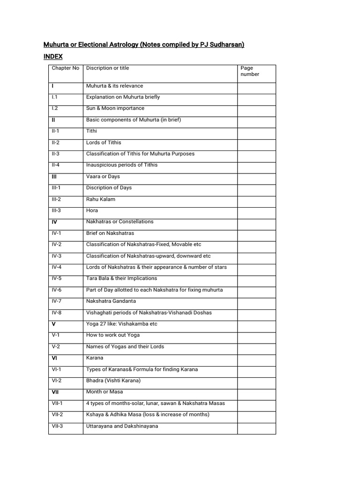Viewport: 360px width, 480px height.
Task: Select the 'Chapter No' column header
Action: click(x=65, y=68)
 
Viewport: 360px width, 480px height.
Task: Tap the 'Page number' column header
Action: click(x=249, y=71)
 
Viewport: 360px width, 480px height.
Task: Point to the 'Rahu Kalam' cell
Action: click(x=100, y=199)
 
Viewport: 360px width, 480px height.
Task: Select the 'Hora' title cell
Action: click(x=92, y=210)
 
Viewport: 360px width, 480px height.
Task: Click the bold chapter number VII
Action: click(x=55, y=392)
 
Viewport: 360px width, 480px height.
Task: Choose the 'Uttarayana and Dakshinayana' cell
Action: click(x=122, y=426)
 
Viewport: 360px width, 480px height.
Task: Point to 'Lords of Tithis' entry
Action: click(x=104, y=142)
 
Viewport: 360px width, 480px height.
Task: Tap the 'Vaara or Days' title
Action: click(x=103, y=176)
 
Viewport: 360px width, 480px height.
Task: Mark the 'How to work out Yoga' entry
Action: click(x=112, y=335)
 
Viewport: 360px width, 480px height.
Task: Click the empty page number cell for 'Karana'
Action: click(x=256, y=358)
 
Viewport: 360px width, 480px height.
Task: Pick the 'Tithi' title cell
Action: click(x=91, y=131)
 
